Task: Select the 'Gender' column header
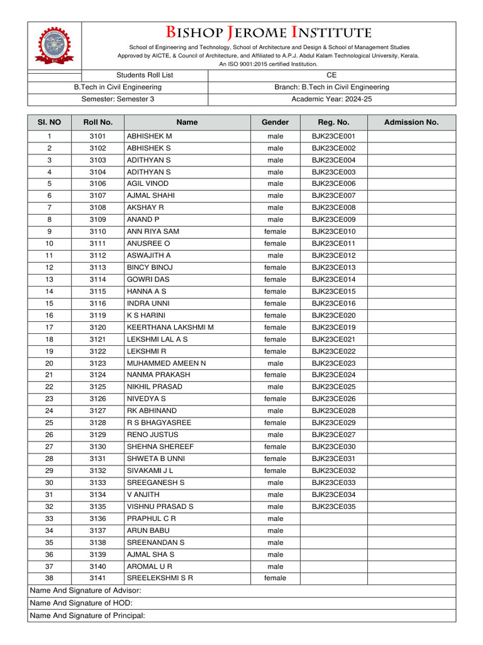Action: coord(275,122)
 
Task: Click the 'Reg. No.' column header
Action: coord(333,122)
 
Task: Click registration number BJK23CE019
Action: coord(333,328)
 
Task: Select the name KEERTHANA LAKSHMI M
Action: coord(170,328)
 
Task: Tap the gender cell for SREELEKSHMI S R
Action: coord(275,578)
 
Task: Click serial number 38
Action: coord(50,578)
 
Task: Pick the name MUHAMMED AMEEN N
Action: coord(166,363)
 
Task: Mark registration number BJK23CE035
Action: coord(333,506)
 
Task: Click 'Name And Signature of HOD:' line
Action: coord(81,603)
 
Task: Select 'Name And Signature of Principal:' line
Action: coord(87,615)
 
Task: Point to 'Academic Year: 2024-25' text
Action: coord(331,99)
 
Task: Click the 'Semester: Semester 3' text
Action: coord(118,99)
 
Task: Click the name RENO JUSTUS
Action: coord(152,435)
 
